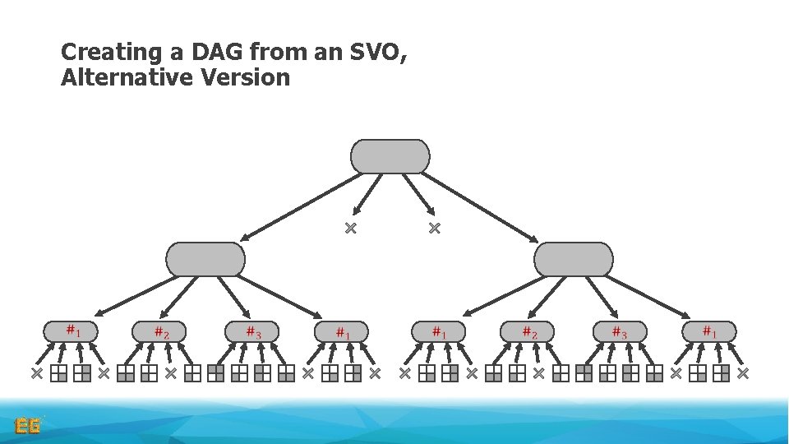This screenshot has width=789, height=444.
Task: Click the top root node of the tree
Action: click(390, 156)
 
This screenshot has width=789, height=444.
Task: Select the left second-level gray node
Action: click(205, 259)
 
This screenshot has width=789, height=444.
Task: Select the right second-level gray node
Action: click(574, 259)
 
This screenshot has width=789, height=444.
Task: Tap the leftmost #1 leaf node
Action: click(71, 331)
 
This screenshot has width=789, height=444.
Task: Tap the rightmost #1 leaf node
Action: click(708, 331)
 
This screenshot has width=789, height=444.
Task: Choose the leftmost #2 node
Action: click(159, 331)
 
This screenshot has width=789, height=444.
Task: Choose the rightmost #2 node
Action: click(528, 331)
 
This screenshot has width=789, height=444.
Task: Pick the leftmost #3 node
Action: click(251, 331)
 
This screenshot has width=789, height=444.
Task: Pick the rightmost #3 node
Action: click(620, 331)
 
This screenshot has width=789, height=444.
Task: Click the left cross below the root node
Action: click(350, 228)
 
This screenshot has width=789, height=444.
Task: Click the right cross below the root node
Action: click(435, 228)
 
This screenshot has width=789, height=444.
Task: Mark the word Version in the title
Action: click(250, 78)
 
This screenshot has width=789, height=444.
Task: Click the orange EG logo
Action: click(29, 426)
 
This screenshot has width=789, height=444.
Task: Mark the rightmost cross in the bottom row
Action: click(743, 373)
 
